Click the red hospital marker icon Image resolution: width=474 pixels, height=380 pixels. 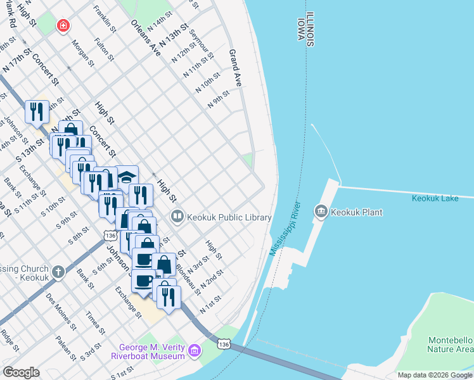pyautogui.click(x=63, y=26)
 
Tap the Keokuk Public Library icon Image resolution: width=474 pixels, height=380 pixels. pyautogui.click(x=177, y=217)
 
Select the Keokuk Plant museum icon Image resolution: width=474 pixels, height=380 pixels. pyautogui.click(x=321, y=212)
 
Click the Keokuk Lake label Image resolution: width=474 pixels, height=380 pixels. pyautogui.click(x=434, y=198)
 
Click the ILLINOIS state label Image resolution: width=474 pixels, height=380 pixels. pyautogui.click(x=310, y=28)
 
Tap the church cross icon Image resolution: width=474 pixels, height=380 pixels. pyautogui.click(x=58, y=272)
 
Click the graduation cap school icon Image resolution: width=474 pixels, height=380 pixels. pyautogui.click(x=127, y=177)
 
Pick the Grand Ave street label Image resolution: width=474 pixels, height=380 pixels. pyautogui.click(x=235, y=68)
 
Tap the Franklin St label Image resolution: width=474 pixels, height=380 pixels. pyautogui.click(x=105, y=20)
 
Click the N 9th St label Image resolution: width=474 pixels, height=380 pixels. pyautogui.click(x=218, y=99)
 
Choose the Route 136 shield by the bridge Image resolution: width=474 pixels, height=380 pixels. pyautogui.click(x=222, y=343)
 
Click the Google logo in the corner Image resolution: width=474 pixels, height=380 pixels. pyautogui.click(x=21, y=372)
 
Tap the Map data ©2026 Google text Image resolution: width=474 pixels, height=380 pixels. pyautogui.click(x=435, y=375)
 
